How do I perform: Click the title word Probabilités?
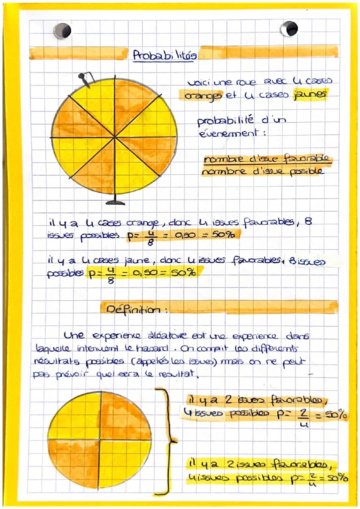coord(165,55)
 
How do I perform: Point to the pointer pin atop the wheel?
coord(85,80)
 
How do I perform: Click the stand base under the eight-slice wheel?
coord(115,202)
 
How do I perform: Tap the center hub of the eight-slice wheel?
coord(115,137)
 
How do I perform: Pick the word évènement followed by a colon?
coord(229,133)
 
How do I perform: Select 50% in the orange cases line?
coord(224,235)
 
